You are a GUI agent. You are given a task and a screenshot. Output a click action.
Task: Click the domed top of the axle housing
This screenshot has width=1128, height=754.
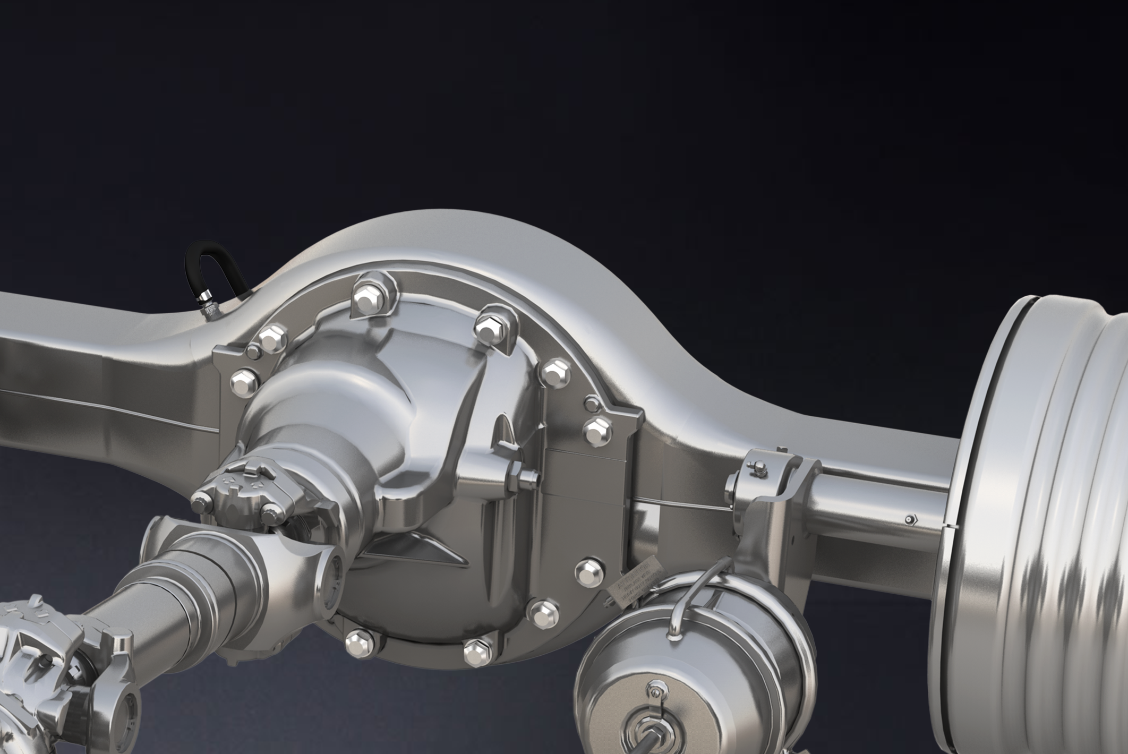pyautogui.click(x=451, y=234)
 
